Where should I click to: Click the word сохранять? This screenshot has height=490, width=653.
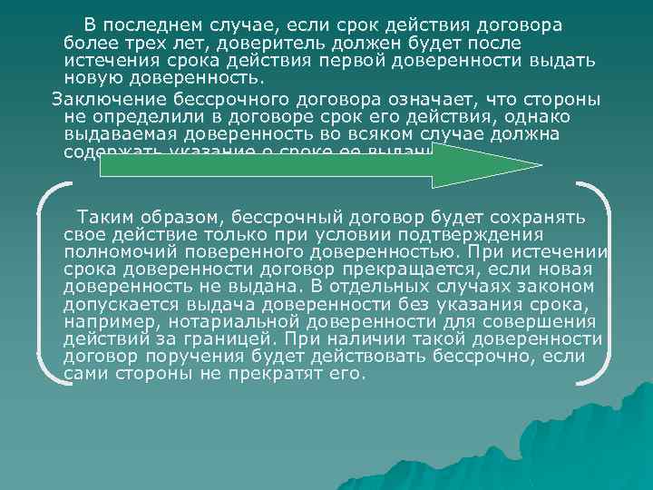pyautogui.click(x=536, y=218)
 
